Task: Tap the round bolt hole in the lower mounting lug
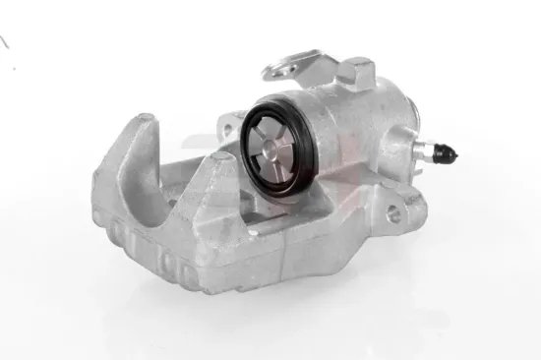pyautogui.click(x=396, y=212)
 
